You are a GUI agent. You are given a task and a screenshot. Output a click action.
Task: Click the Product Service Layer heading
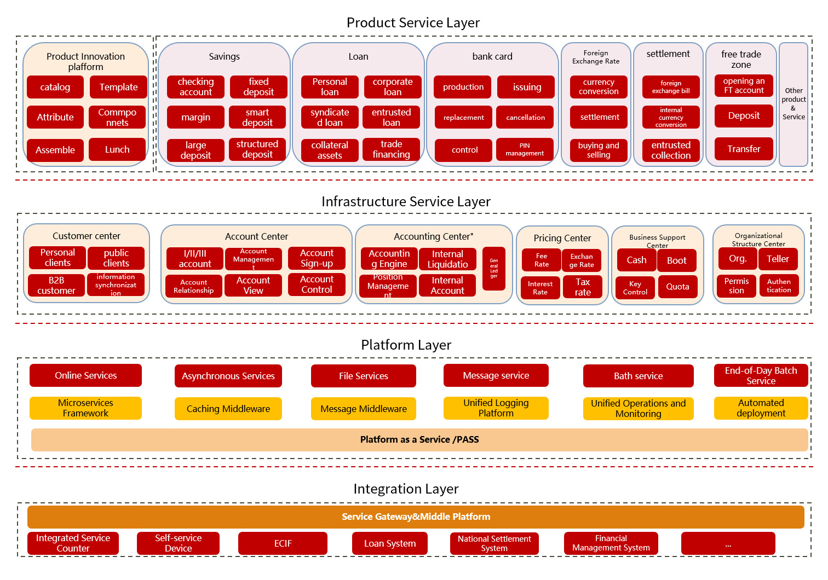click(x=413, y=22)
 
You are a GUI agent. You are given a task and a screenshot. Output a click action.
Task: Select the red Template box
click(x=118, y=87)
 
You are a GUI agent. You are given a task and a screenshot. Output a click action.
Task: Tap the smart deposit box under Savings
click(x=257, y=117)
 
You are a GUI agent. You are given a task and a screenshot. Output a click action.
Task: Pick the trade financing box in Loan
click(x=391, y=149)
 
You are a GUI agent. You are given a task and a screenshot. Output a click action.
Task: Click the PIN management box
click(x=524, y=149)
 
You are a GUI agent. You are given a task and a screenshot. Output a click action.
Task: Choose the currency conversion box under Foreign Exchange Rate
click(x=598, y=87)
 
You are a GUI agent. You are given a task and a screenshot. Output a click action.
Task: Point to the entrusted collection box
click(x=670, y=150)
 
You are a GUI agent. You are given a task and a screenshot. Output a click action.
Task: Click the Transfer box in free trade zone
click(x=743, y=149)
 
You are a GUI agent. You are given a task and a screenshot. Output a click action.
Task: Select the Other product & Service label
click(x=793, y=104)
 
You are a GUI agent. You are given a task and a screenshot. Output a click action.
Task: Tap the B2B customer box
click(x=56, y=285)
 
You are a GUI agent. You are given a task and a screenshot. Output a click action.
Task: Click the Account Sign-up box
click(x=317, y=258)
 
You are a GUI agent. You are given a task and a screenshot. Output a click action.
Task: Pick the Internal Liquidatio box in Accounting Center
click(x=447, y=259)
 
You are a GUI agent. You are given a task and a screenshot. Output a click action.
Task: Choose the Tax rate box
click(x=582, y=287)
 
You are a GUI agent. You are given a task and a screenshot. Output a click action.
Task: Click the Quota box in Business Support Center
click(x=677, y=287)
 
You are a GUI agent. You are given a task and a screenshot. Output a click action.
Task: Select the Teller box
click(x=778, y=259)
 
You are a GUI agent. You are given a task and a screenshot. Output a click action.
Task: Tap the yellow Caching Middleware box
click(x=228, y=409)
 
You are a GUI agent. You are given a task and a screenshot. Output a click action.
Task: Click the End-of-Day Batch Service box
click(x=761, y=375)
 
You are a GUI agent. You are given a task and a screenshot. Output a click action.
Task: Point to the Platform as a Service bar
click(x=419, y=439)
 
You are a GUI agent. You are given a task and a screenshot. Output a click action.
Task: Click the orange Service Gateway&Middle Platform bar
click(x=416, y=517)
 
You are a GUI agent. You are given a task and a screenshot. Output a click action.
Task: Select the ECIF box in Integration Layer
click(x=283, y=543)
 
